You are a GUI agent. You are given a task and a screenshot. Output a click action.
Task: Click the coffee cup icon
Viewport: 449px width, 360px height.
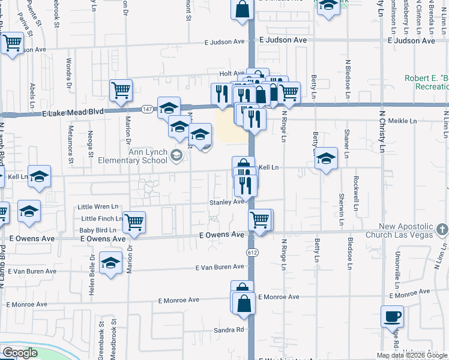[x=392, y=316]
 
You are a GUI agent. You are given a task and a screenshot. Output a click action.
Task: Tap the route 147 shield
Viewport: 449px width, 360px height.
[x=147, y=110]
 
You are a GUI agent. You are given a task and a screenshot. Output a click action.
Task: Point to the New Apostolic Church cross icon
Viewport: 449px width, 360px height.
[x=442, y=229]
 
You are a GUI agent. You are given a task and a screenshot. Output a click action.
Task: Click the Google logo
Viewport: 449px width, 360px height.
[x=19, y=353]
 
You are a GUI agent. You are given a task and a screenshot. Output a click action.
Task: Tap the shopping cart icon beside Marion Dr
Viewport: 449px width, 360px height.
[x=134, y=221]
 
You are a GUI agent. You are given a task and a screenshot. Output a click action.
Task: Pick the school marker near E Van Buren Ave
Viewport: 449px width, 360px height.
[x=110, y=263]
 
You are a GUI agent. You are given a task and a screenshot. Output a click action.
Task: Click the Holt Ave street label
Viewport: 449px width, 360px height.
[x=232, y=73]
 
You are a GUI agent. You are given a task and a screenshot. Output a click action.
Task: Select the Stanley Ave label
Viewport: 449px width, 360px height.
[x=226, y=202]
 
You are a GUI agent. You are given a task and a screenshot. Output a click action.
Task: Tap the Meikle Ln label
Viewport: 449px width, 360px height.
[x=402, y=121]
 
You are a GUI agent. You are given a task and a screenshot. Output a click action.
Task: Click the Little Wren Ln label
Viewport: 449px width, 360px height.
[x=99, y=207]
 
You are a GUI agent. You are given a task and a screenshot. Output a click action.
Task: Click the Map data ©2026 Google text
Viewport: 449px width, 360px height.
[x=412, y=355]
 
